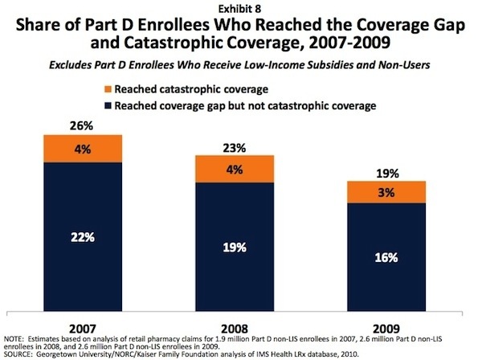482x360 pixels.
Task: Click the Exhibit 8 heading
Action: (x=240, y=7)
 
